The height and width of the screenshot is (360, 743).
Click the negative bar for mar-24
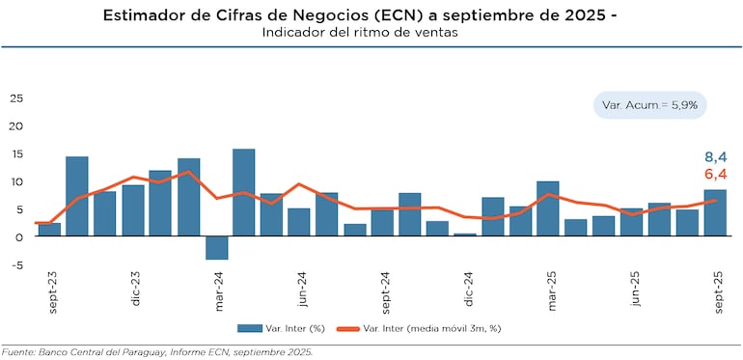(x=216, y=247)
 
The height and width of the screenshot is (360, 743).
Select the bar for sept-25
(x=715, y=212)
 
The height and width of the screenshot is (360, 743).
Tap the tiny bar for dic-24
(x=465, y=235)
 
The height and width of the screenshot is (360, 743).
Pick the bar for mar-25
(x=548, y=208)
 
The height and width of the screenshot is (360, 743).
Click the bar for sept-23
(x=49, y=230)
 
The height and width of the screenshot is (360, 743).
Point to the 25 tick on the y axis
(x=15, y=98)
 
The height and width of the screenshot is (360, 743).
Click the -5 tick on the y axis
(x=15, y=265)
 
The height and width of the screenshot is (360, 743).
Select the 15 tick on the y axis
(x=15, y=154)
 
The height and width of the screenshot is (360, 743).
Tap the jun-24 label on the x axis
(x=304, y=291)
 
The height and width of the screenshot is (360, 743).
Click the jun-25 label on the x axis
(x=634, y=291)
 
